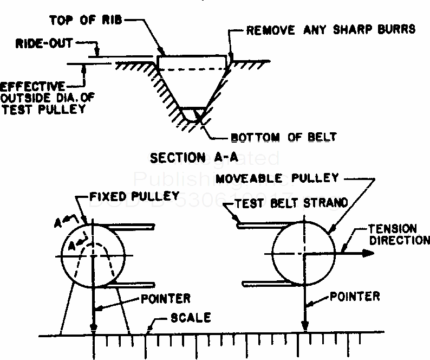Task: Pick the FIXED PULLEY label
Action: (x=133, y=196)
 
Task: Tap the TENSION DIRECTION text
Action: (x=398, y=234)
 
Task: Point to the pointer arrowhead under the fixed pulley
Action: (x=95, y=327)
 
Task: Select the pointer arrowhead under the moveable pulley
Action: (x=305, y=327)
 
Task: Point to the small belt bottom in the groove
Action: (x=193, y=114)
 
